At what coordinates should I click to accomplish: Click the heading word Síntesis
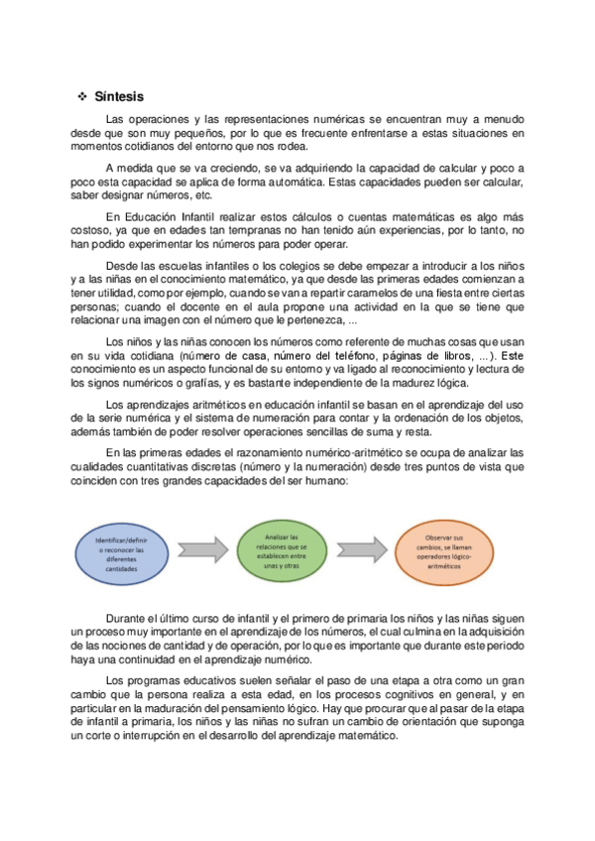(x=119, y=97)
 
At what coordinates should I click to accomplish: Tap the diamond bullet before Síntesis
(x=82, y=97)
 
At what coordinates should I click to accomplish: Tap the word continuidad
(x=162, y=660)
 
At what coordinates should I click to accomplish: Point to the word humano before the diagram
(x=322, y=481)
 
